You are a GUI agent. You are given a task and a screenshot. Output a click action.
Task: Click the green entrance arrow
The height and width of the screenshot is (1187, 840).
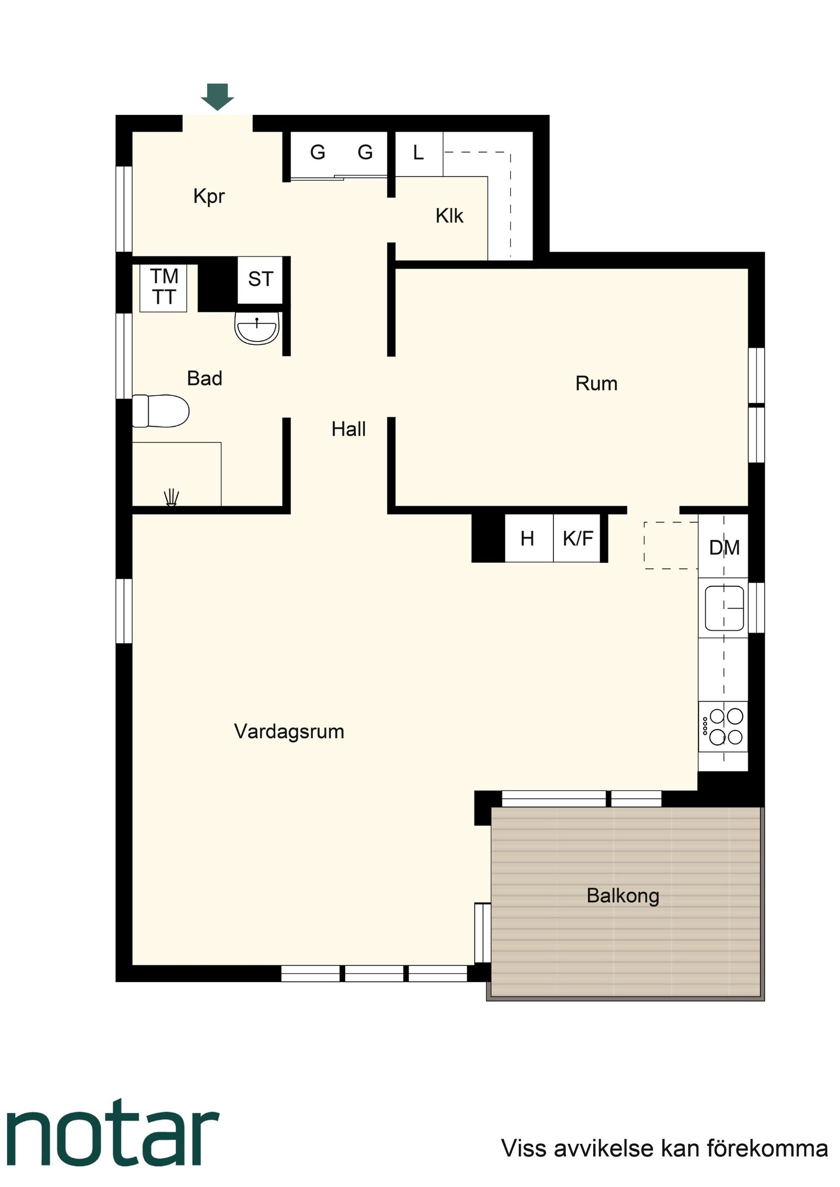(217, 97)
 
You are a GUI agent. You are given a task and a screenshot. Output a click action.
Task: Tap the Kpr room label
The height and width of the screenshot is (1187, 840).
(209, 196)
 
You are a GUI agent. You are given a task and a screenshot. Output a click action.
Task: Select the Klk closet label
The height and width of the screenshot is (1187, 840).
(449, 216)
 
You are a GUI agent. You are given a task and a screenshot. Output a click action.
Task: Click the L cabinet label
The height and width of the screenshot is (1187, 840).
(418, 153)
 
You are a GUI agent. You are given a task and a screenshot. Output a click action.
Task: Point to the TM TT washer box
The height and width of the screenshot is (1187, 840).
(163, 287)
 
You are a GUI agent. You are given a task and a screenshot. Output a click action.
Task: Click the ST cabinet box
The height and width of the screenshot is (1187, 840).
(260, 280)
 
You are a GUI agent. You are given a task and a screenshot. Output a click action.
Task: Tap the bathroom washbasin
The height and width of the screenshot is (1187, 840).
(257, 329)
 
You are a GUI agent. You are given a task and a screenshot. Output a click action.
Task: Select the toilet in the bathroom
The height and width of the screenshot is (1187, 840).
(160, 411)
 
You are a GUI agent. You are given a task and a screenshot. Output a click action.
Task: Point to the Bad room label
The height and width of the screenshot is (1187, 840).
(205, 379)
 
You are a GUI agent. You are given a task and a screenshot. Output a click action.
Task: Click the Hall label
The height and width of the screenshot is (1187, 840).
(349, 429)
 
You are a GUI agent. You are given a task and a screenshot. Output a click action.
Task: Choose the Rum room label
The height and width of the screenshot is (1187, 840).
(596, 384)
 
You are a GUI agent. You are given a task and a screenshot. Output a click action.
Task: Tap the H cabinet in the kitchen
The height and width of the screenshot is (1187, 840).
(527, 539)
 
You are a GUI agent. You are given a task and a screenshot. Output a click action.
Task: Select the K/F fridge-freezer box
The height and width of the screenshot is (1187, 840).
(578, 539)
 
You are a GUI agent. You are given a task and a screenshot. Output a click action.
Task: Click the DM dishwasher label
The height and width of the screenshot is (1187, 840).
(724, 547)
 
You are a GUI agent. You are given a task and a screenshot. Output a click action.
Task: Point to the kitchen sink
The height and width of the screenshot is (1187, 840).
(724, 608)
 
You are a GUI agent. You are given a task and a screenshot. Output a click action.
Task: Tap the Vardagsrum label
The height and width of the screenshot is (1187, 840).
(289, 732)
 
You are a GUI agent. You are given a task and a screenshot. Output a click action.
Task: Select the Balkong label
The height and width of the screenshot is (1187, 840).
(623, 895)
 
